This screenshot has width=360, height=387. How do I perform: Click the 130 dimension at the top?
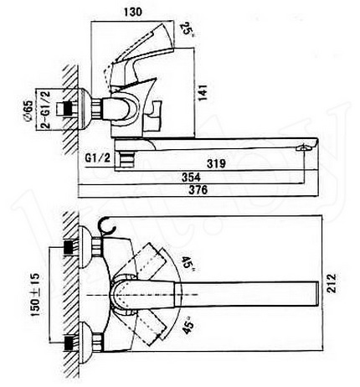click(x=133, y=12)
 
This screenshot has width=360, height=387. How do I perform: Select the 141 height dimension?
click(x=203, y=92)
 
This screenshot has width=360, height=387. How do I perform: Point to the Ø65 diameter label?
click(x=28, y=111)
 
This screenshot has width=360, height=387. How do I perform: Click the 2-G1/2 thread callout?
click(x=46, y=109)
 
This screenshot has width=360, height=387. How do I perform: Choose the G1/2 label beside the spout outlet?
click(x=98, y=158)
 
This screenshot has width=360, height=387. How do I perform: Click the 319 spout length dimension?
click(x=216, y=163)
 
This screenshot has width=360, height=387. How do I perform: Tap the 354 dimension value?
click(x=191, y=177)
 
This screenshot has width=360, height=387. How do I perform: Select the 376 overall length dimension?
click(x=198, y=190)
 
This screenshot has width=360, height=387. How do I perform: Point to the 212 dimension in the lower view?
click(x=332, y=283)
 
